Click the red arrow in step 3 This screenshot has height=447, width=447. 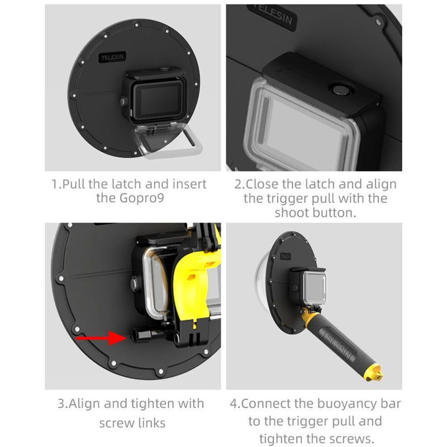tap(101, 338)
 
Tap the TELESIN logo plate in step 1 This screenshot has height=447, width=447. tap(113, 58)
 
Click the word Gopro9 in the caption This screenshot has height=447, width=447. tap(142, 198)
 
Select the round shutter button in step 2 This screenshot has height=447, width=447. tap(341, 89)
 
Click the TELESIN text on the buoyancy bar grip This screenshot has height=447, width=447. tap(340, 345)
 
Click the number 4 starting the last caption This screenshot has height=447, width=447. tap(233, 403)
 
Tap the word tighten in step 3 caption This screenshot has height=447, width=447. tap(153, 404)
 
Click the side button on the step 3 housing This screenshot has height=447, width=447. tap(136, 284)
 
